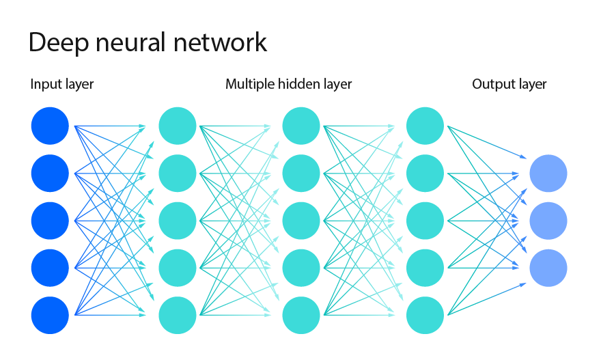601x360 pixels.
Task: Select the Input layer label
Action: click(x=62, y=85)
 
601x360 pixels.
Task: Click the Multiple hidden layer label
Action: click(x=288, y=85)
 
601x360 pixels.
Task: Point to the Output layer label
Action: click(x=509, y=85)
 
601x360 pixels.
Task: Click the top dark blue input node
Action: click(x=50, y=126)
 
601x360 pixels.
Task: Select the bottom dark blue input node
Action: click(x=50, y=315)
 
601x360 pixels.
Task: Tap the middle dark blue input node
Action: click(x=50, y=221)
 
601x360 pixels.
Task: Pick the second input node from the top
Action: click(x=50, y=174)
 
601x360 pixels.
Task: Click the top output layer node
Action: click(x=548, y=174)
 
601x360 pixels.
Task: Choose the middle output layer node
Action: click(x=548, y=221)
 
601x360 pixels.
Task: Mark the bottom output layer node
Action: click(x=548, y=268)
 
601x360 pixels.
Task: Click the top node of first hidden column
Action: click(x=178, y=126)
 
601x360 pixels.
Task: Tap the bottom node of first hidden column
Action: click(x=178, y=315)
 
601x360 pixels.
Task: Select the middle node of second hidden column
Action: click(x=301, y=221)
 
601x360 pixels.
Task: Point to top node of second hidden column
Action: click(x=301, y=126)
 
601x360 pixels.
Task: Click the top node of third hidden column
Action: click(x=425, y=126)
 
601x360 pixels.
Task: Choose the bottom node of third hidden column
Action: click(x=425, y=315)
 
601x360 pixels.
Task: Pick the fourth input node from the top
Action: click(x=50, y=268)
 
